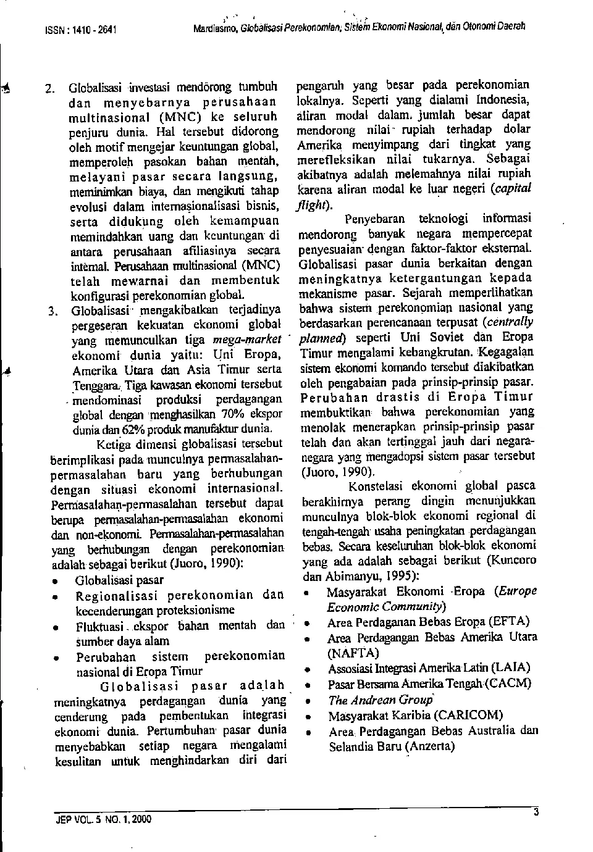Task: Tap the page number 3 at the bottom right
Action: click(536, 814)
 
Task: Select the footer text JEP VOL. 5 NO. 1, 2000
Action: click(103, 820)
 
